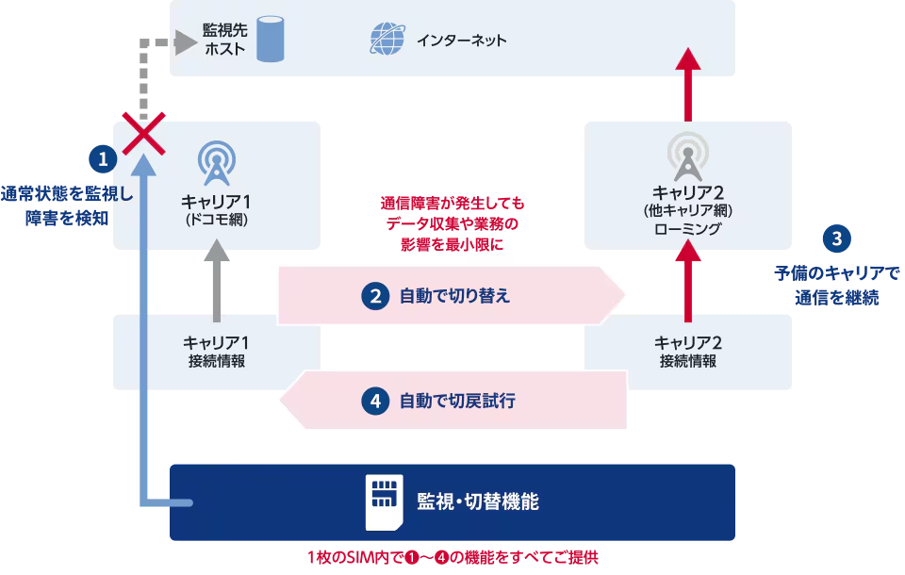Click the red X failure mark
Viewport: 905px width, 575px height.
[141, 136]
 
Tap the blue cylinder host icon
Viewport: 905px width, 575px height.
[271, 39]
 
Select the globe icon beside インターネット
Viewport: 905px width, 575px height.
[386, 40]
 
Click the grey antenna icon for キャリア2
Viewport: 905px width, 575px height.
[687, 156]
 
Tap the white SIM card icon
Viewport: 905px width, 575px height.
[383, 501]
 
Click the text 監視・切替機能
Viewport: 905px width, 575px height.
[478, 501]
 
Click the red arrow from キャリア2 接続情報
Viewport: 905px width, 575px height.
[689, 277]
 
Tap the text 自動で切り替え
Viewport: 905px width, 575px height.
[454, 296]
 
